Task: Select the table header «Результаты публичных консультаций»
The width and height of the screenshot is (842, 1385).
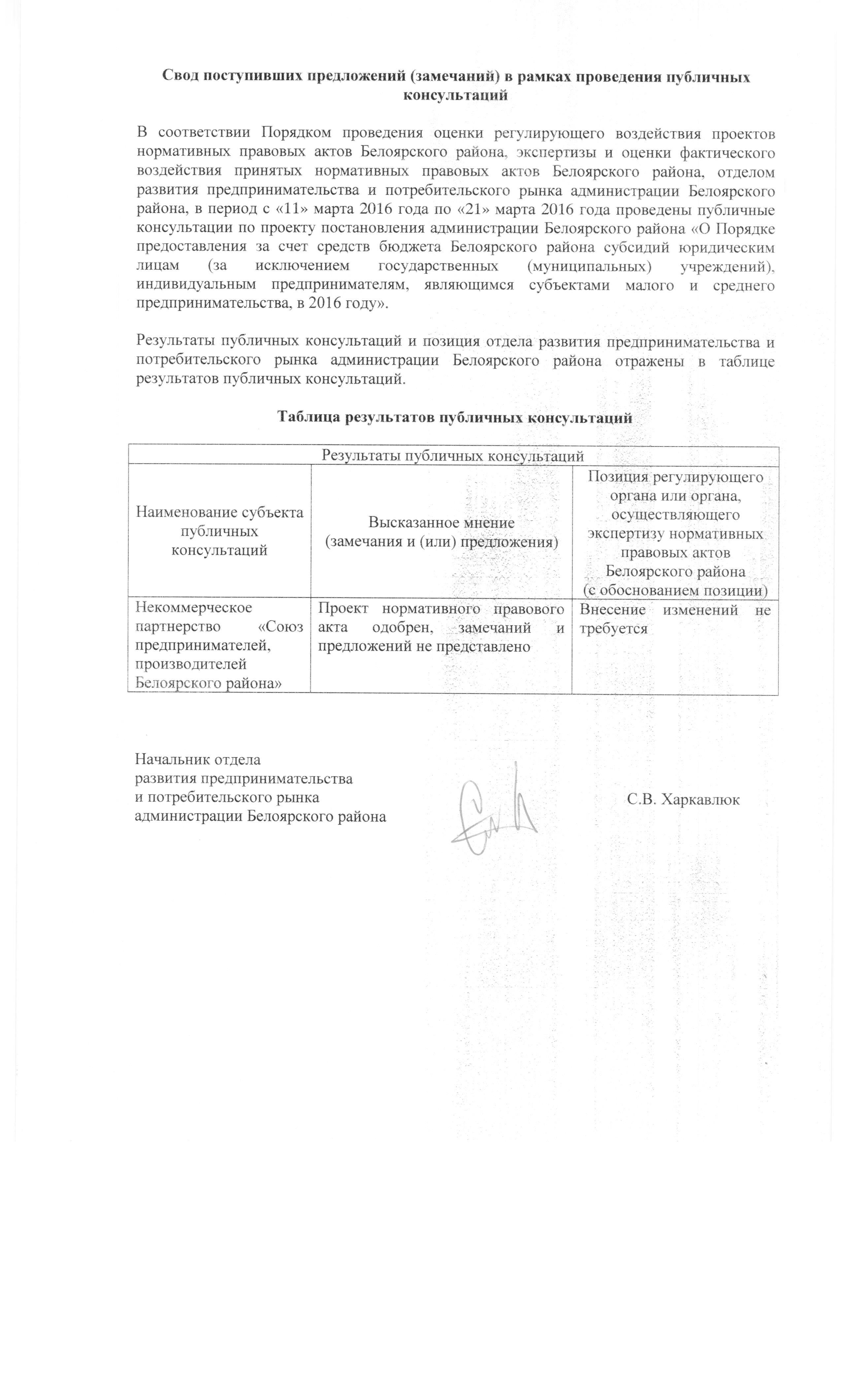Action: pyautogui.click(x=452, y=455)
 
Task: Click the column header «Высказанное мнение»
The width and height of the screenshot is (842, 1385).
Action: pyautogui.click(x=441, y=523)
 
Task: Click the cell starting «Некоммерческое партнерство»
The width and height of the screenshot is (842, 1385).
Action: pyautogui.click(x=219, y=645)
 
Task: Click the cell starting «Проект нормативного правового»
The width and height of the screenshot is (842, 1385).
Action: pyautogui.click(x=441, y=627)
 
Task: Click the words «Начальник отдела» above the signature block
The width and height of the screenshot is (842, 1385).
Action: pyautogui.click(x=197, y=760)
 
